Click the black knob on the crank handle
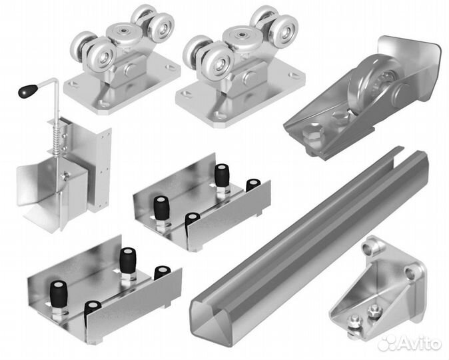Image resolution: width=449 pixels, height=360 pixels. pos(28,90)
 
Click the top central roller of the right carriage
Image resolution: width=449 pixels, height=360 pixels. pos(242,35)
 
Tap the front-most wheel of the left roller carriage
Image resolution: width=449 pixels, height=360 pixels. pos(101,56)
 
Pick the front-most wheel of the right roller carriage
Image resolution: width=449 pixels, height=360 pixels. pos(219,61)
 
